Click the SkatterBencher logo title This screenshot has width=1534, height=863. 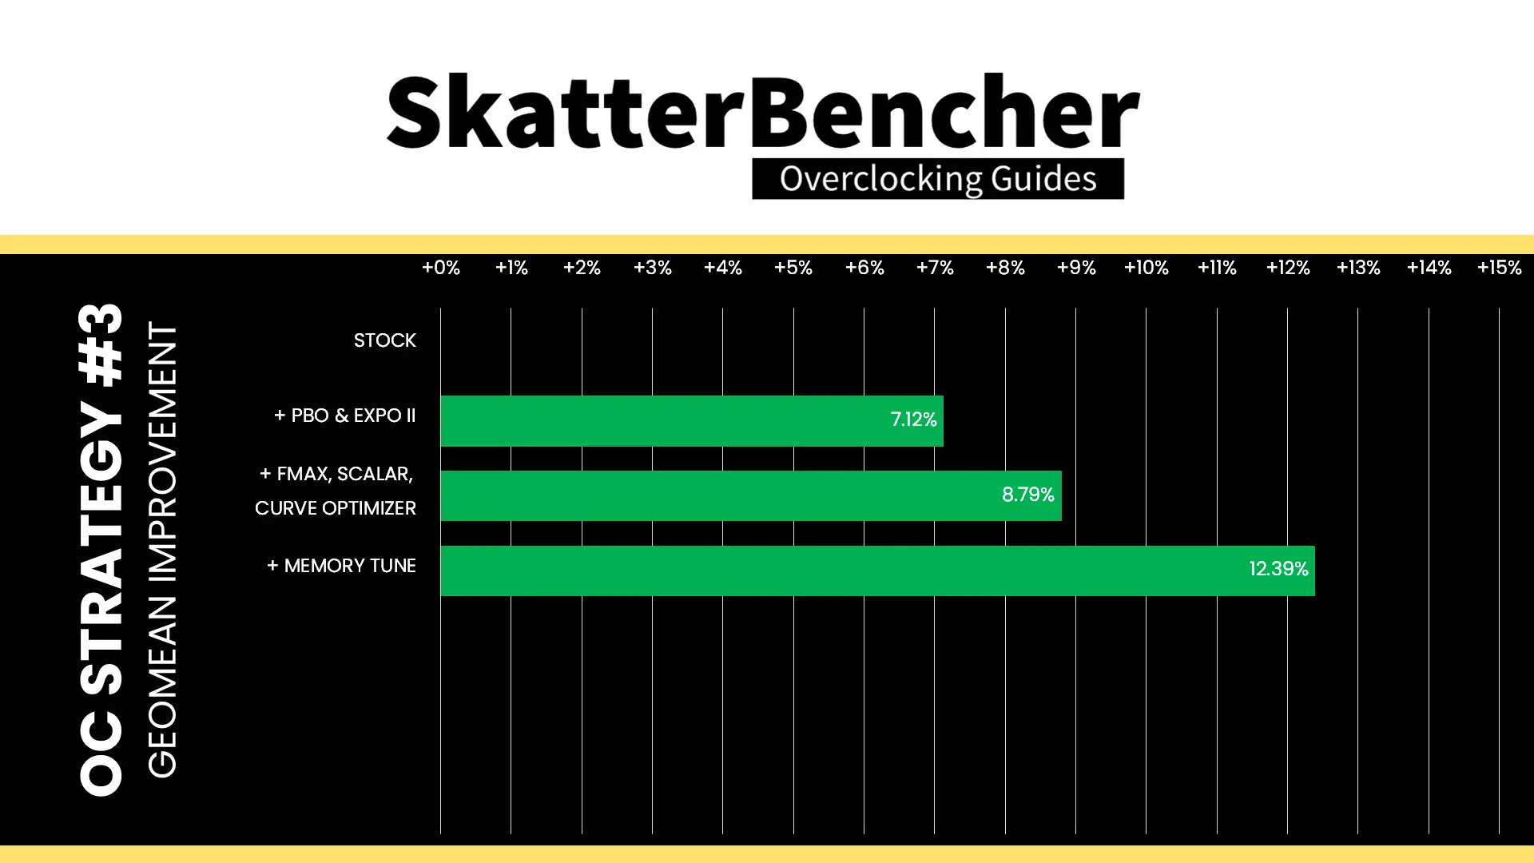coord(763,112)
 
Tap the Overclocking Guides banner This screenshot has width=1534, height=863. coord(938,179)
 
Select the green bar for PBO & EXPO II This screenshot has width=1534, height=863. coord(692,420)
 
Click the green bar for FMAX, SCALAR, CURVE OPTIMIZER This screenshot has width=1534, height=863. coord(751,495)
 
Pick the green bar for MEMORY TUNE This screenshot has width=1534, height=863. coord(877,571)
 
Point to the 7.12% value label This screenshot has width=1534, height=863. coord(913,420)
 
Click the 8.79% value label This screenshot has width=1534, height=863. coord(1028,495)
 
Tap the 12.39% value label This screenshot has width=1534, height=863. coord(1278,569)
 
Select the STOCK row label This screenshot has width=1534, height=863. coord(385,340)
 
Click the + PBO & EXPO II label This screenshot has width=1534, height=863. coord(345,416)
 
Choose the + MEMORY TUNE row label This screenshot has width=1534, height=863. coord(342,566)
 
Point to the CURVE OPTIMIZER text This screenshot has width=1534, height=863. coord(336,508)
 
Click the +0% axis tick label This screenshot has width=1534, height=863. coord(441,268)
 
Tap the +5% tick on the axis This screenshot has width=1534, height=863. coord(793,268)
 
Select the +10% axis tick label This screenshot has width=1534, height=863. coord(1147,268)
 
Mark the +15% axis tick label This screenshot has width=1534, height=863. coord(1500,268)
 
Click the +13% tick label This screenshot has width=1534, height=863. coord(1358,268)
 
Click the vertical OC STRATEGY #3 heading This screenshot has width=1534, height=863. coord(101,550)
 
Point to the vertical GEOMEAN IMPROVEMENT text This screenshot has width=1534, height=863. coord(162,550)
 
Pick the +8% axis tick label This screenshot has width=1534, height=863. coord(1005,268)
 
